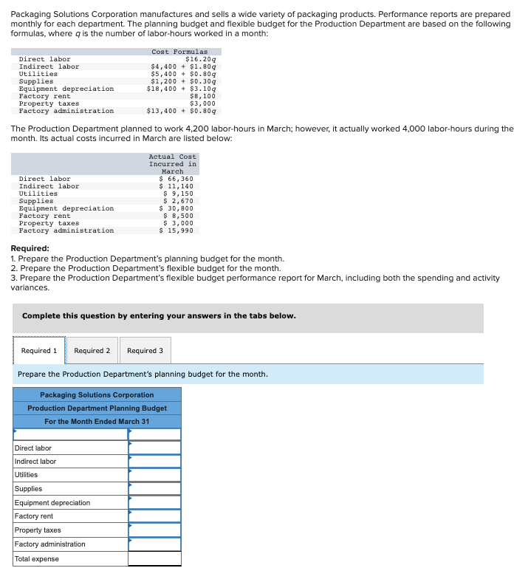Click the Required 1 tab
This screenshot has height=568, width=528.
point(39,350)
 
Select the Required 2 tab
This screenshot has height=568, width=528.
point(92,350)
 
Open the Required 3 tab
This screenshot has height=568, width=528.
point(145,350)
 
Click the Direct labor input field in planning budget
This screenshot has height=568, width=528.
point(154,448)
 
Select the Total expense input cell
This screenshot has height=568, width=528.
point(154,559)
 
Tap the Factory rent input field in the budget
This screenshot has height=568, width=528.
point(154,516)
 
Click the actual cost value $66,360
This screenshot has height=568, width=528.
point(177,179)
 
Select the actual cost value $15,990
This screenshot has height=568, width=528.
point(177,230)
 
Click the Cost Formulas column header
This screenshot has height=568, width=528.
point(179,52)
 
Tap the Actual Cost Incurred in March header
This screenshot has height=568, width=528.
point(172,164)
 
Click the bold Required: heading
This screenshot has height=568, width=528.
point(30,249)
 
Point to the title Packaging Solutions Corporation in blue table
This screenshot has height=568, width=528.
point(97,395)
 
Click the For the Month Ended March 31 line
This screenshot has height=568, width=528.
point(97,422)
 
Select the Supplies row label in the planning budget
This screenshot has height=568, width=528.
point(28,489)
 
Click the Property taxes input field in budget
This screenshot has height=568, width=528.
point(154,530)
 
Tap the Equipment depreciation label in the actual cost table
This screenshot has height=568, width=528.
point(66,208)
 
